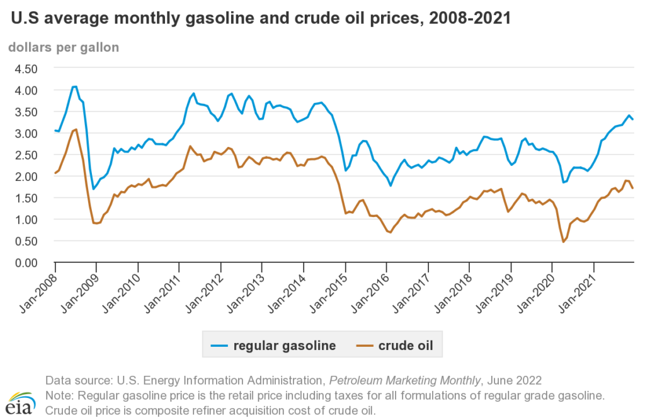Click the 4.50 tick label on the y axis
[26, 68]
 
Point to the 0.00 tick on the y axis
[26, 262]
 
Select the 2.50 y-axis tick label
[26, 155]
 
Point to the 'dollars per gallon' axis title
[63, 47]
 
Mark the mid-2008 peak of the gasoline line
[75, 86]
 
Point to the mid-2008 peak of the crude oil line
[76, 129]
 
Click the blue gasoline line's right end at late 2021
[633, 120]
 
